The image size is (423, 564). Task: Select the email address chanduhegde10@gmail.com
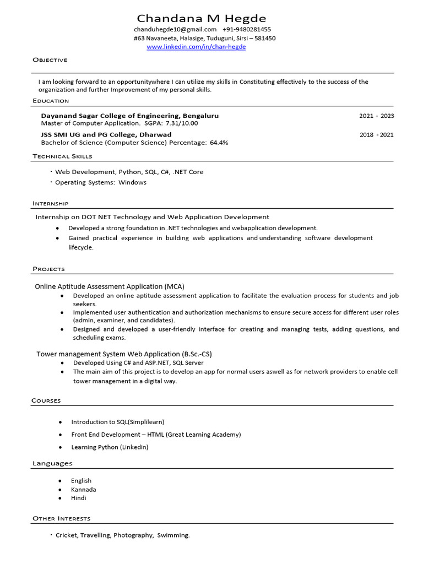coord(175,29)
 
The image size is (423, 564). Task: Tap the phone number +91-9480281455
coord(247,29)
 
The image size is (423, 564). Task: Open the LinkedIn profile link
coord(196,47)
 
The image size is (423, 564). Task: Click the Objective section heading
coord(50,59)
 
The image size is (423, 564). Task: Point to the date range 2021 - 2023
coord(376,116)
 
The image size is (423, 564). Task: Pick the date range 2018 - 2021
coord(377,134)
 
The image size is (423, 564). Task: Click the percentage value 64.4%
coord(219,142)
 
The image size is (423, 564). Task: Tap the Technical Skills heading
coord(62,156)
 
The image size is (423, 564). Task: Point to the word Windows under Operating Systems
coord(132,182)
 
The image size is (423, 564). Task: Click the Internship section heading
coord(50,203)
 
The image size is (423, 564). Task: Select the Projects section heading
coord(48,269)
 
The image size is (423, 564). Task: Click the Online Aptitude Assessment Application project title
coord(110,286)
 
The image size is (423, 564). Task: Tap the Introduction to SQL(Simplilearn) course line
coord(118,422)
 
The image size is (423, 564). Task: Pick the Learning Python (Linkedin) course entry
coord(110,447)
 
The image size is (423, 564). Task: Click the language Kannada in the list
coord(83,490)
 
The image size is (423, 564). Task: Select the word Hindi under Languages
coord(79,498)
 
